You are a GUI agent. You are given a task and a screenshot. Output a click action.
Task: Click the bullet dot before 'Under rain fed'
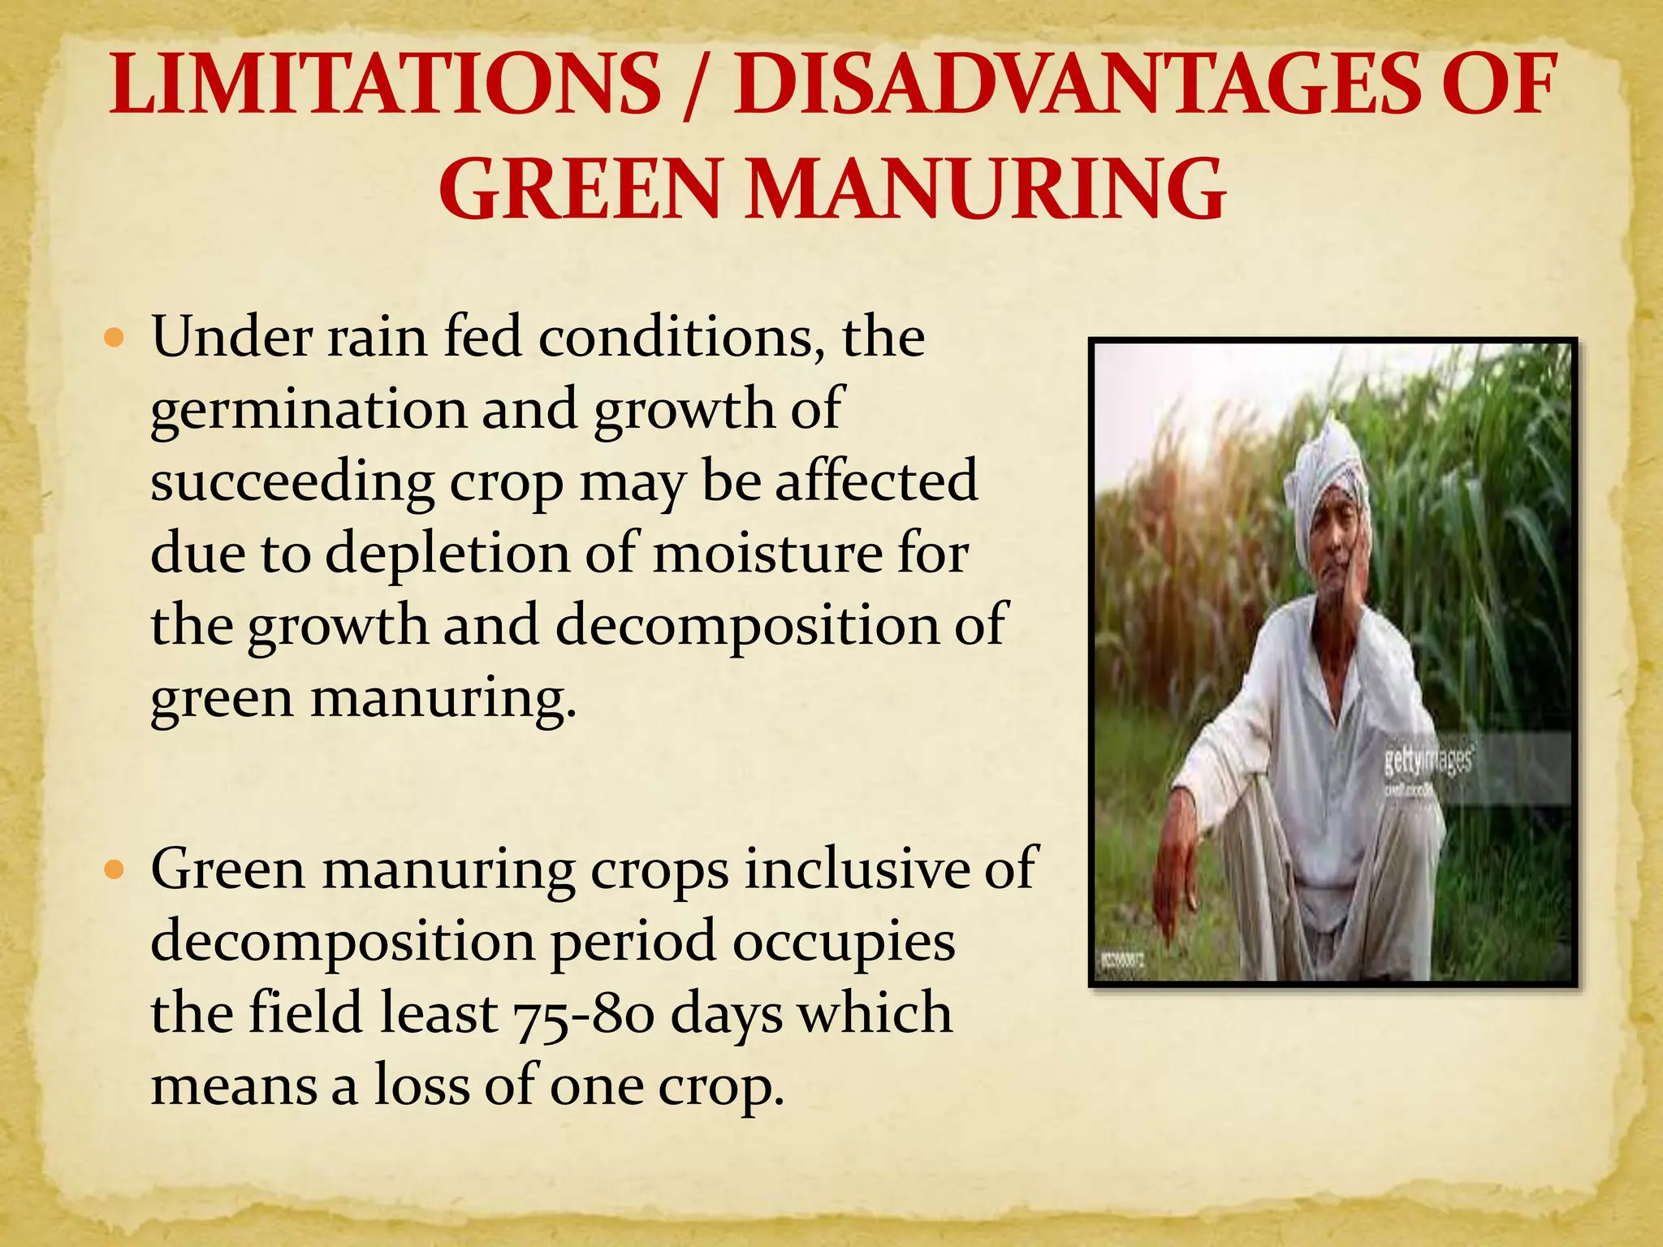pyautogui.click(x=114, y=335)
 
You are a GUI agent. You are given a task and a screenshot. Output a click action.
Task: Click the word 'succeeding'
pyautogui.click(x=292, y=482)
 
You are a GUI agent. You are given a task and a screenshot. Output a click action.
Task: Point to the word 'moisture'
pyautogui.click(x=768, y=554)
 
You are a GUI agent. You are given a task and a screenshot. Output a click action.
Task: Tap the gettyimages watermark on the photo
pyautogui.click(x=1428, y=761)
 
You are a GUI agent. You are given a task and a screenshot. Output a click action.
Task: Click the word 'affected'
pyautogui.click(x=876, y=481)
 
